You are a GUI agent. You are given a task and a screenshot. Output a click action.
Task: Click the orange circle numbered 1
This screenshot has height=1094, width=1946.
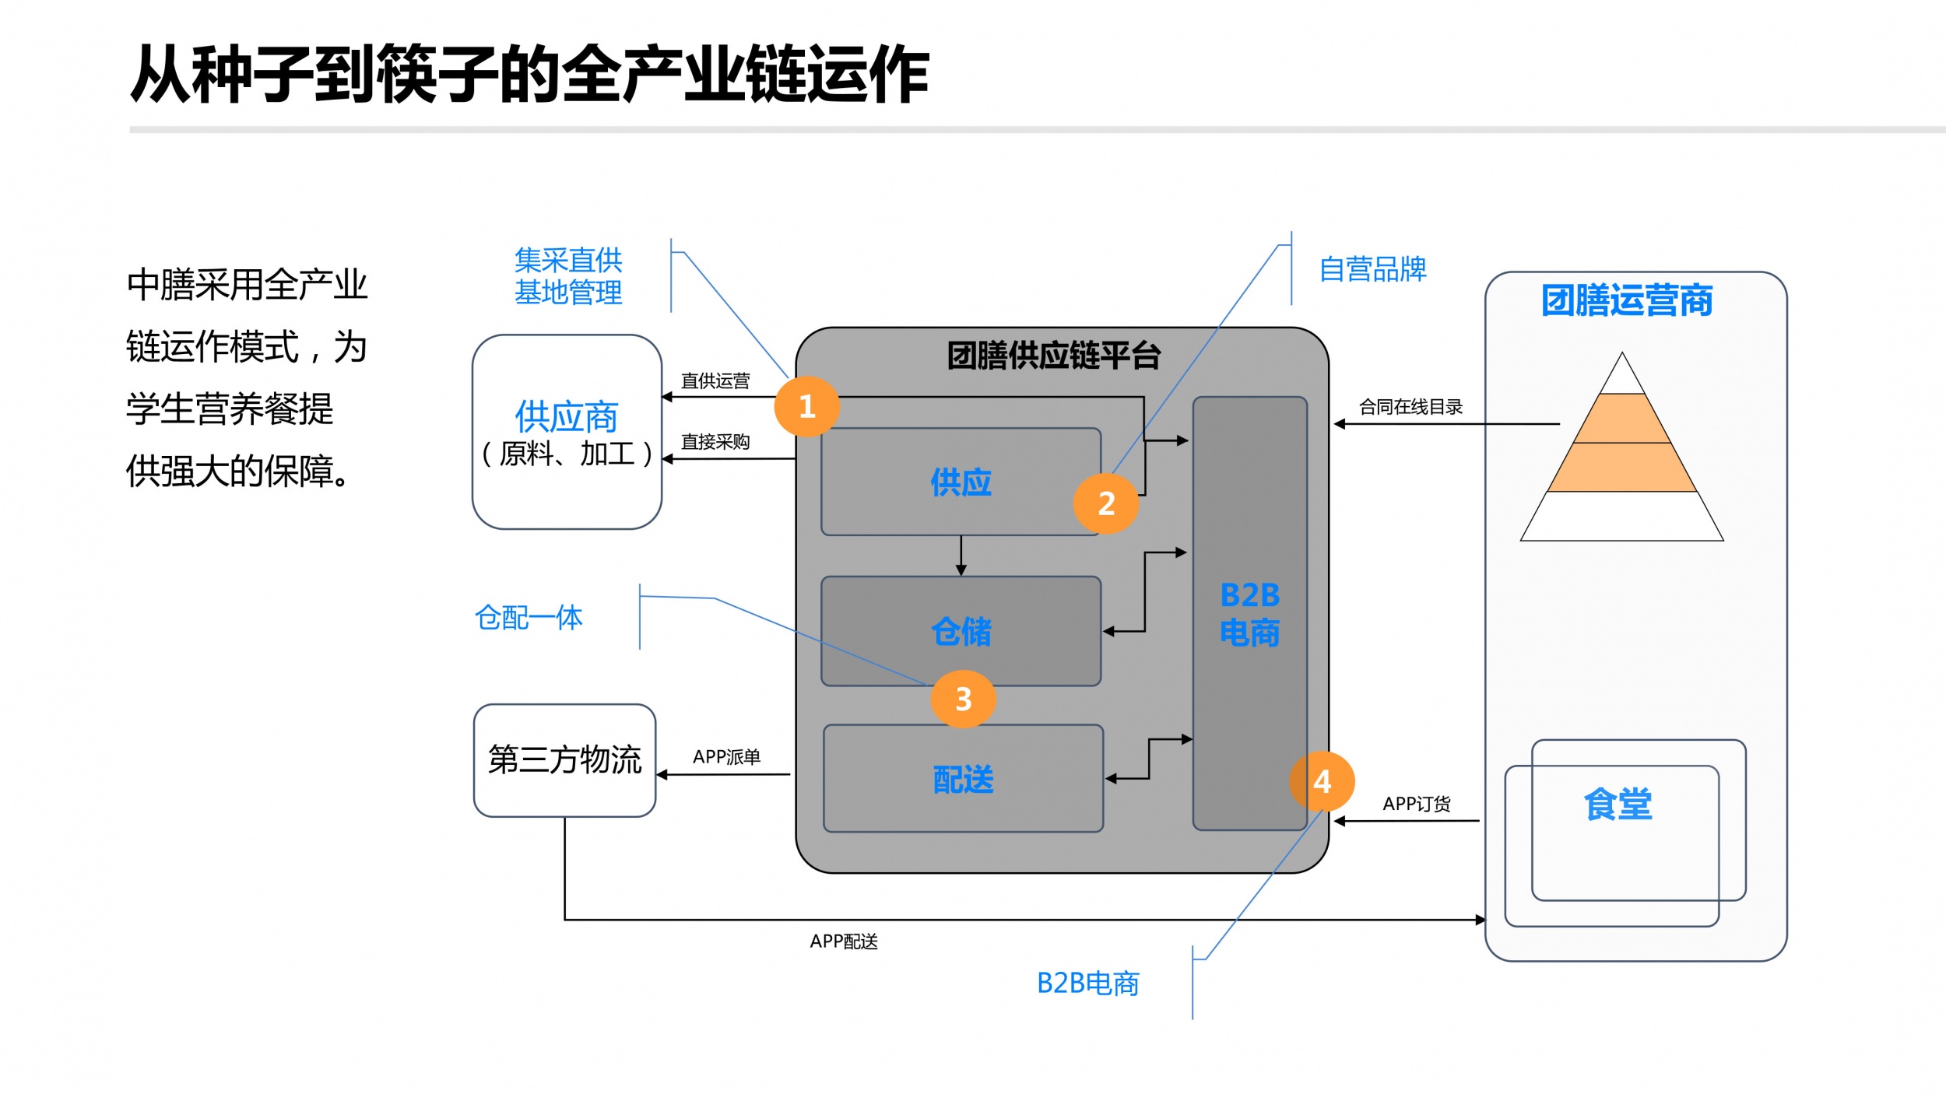[806, 406]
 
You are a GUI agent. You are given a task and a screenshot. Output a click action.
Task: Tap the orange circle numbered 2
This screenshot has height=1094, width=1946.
[1105, 503]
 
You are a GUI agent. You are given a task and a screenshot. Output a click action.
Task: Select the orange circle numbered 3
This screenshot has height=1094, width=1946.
[963, 699]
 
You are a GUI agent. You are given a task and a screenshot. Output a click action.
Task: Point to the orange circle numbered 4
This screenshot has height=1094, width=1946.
[1322, 781]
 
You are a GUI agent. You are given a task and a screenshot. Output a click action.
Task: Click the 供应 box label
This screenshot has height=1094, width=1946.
[961, 482]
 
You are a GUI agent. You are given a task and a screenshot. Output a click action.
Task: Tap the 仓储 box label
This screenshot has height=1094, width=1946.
[961, 631]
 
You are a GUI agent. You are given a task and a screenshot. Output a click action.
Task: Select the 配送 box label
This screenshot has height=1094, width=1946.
[964, 779]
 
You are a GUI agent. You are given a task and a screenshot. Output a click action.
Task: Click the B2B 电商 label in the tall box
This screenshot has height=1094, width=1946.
[1249, 614]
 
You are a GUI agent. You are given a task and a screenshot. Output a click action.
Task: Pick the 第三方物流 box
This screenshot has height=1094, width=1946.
[564, 760]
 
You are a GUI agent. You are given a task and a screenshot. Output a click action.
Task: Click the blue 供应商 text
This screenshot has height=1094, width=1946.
[567, 417]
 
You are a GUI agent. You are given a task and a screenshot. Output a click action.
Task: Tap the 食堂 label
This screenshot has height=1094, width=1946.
[1618, 804]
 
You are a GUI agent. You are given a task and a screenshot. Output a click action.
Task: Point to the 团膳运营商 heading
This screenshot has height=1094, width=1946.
[1627, 300]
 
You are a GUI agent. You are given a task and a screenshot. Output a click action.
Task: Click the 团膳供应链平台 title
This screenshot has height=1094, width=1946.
[1054, 356]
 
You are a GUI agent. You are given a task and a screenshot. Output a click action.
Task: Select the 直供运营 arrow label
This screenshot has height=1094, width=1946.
[715, 381]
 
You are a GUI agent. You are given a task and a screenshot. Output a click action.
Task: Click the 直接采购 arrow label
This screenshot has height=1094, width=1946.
[715, 442]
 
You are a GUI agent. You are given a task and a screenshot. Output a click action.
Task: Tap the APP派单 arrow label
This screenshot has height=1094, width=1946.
[726, 756]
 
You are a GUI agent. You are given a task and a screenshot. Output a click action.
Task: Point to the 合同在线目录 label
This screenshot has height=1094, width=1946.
[1410, 407]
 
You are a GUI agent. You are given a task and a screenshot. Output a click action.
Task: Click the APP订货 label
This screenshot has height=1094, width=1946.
[1417, 804]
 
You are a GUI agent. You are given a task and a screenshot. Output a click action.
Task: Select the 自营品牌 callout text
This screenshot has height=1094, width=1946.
[1372, 269]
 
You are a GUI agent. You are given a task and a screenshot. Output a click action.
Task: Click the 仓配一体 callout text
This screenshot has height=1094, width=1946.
[529, 618]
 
